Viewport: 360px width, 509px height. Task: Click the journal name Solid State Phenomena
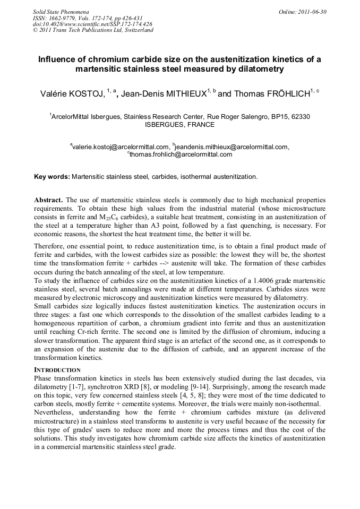(x=60, y=11)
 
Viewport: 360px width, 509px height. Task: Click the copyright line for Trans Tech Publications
(x=93, y=30)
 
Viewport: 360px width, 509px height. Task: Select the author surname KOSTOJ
(x=85, y=94)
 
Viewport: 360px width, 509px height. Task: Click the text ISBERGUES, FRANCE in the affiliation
(x=179, y=125)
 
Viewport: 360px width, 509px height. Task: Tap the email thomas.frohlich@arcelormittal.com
(x=181, y=154)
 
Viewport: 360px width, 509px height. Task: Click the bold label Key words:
(x=52, y=176)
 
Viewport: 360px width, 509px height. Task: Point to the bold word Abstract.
(x=48, y=200)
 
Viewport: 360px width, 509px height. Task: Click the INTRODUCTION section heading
(x=57, y=369)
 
